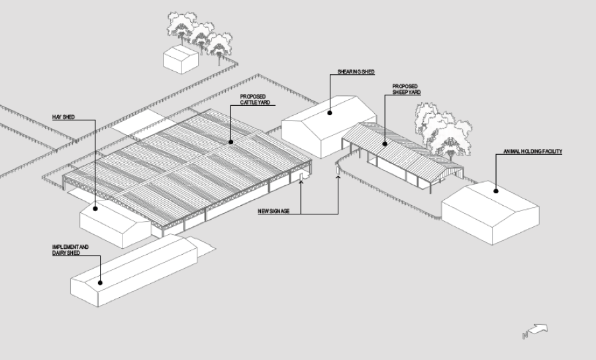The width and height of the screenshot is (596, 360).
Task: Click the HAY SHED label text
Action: pos(63,117)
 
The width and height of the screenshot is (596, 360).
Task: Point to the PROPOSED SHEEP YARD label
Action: pos(405,89)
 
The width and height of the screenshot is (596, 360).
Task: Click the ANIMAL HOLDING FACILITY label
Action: pos(532,152)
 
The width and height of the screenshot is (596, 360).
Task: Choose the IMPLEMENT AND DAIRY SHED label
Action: pos(70,249)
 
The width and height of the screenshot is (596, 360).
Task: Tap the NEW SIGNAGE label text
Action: pos(273,211)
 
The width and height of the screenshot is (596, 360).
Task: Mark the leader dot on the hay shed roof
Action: pos(95,209)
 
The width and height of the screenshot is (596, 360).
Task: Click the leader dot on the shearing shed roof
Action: pos(329,112)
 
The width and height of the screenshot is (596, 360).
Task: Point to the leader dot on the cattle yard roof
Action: pos(230,142)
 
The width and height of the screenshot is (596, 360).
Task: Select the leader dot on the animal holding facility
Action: pos(495,191)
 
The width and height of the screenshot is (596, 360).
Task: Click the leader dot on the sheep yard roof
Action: pos(384,144)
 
